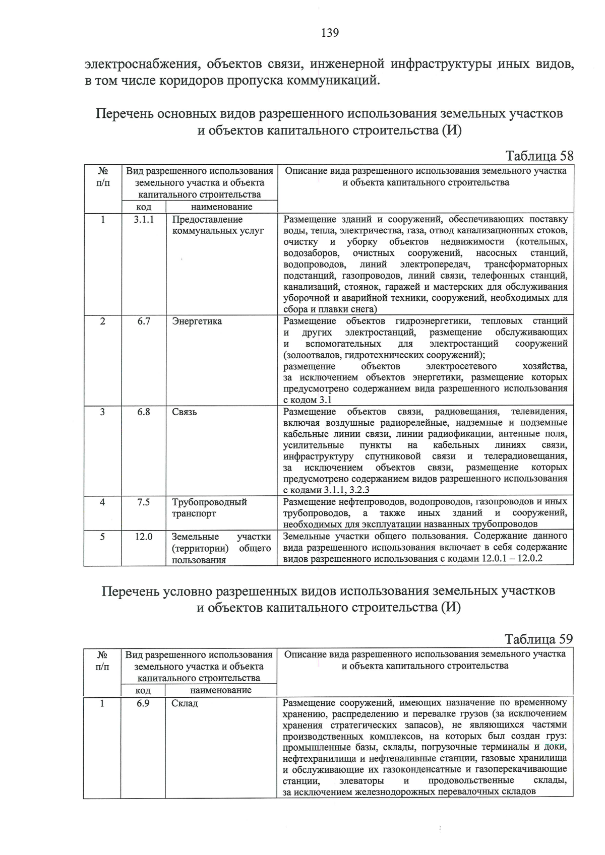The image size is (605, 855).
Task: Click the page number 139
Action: [330, 33]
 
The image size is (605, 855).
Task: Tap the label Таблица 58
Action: [539, 156]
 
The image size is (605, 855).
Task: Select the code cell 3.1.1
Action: [144, 219]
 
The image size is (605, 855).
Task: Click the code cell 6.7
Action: [144, 321]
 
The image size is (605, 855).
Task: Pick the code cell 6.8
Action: [144, 412]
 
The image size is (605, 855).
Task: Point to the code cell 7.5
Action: [144, 502]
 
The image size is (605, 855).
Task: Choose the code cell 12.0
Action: [144, 537]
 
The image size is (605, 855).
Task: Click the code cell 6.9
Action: [143, 703]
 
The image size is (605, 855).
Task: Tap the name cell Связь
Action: [185, 412]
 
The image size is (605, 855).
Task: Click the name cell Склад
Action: [185, 703]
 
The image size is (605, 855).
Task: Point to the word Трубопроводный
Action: [209, 502]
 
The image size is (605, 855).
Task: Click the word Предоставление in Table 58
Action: [207, 220]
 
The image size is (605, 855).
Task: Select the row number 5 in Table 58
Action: [102, 537]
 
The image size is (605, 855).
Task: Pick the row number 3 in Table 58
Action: [102, 412]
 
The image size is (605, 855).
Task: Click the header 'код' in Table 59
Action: [143, 690]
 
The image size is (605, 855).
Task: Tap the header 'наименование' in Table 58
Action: [222, 207]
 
